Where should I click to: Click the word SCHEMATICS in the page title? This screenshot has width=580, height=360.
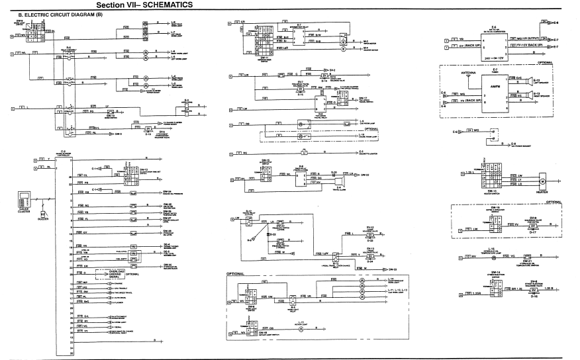click(x=165, y=5)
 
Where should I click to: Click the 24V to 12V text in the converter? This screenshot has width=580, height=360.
click(x=492, y=58)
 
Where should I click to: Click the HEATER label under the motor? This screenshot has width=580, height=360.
click(x=541, y=193)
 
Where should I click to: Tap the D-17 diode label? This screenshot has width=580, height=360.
click(x=532, y=232)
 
